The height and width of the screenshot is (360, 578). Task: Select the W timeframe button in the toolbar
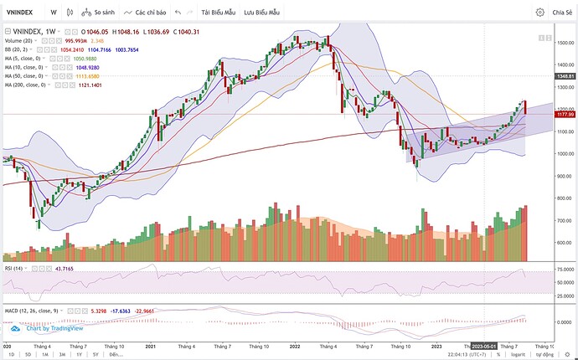54,13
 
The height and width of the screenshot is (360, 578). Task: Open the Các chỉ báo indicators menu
145,13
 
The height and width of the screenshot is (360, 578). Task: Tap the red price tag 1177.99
563,114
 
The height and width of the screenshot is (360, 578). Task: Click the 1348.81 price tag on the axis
563,76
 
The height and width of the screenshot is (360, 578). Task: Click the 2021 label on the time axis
152,346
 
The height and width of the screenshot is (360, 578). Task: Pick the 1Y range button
80,354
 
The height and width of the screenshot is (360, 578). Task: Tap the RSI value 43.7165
39,268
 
